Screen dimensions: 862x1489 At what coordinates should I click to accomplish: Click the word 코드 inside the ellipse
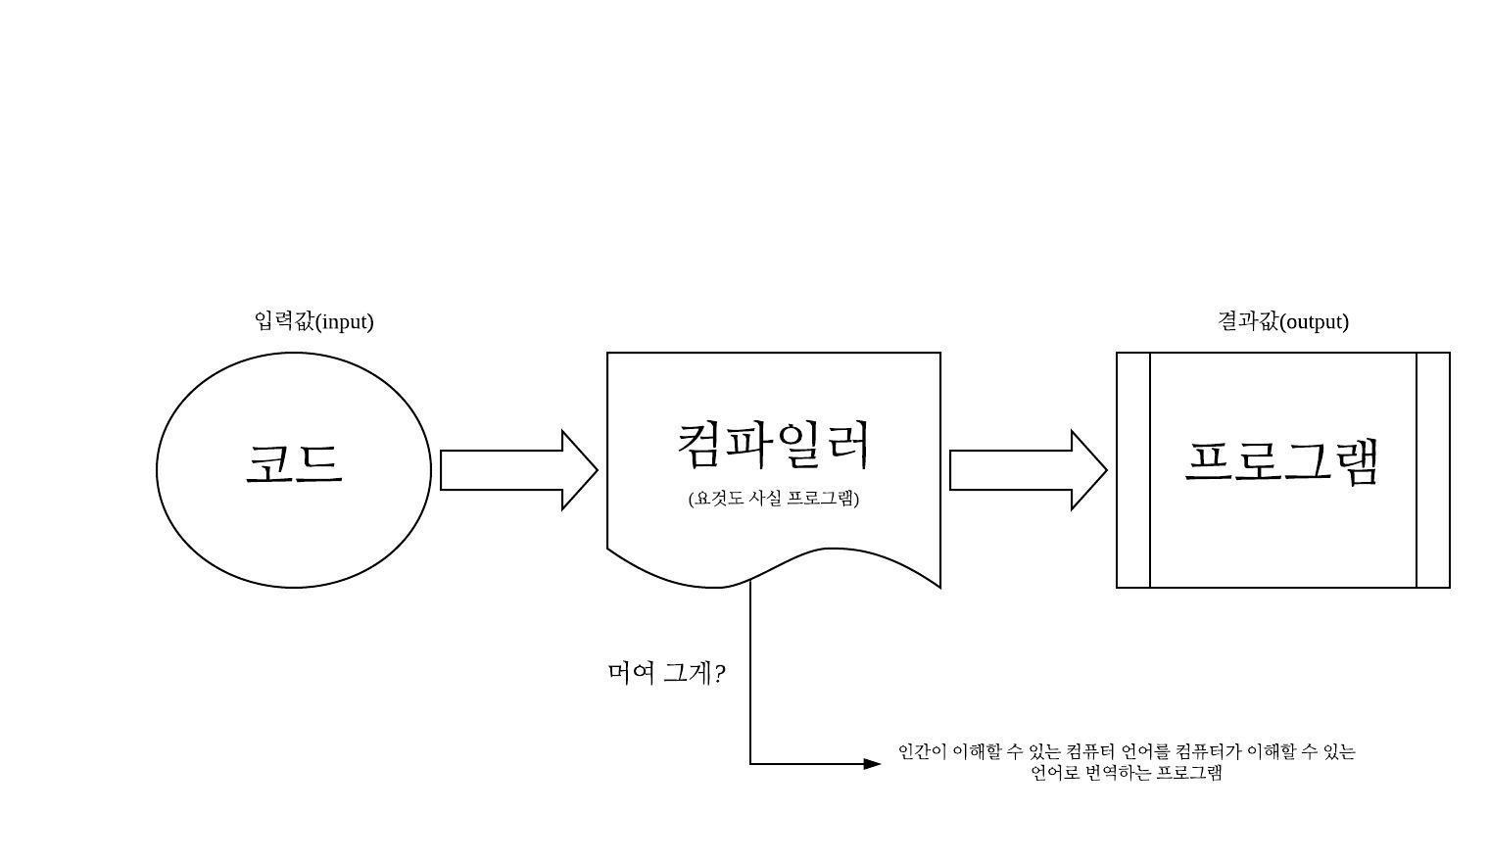click(294, 464)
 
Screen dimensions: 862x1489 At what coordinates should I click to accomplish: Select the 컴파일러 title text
click(774, 444)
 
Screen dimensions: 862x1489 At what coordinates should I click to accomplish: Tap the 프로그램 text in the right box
click(1282, 461)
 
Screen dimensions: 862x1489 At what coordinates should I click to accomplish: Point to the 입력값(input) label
click(313, 321)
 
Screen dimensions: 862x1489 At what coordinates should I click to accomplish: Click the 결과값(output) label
click(1282, 321)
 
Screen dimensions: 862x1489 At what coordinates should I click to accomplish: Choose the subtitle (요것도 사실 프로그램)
click(774, 499)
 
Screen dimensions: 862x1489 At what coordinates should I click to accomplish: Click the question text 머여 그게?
click(666, 674)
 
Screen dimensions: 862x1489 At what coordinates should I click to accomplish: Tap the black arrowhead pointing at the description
click(872, 764)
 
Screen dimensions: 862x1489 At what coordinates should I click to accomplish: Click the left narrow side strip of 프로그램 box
click(1133, 470)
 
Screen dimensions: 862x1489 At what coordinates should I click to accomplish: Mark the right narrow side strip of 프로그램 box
click(1433, 470)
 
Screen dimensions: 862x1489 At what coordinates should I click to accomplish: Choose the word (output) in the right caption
click(1315, 322)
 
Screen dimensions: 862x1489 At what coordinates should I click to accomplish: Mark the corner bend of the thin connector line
click(750, 764)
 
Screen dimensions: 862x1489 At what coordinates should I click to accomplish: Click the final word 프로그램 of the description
click(1189, 773)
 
